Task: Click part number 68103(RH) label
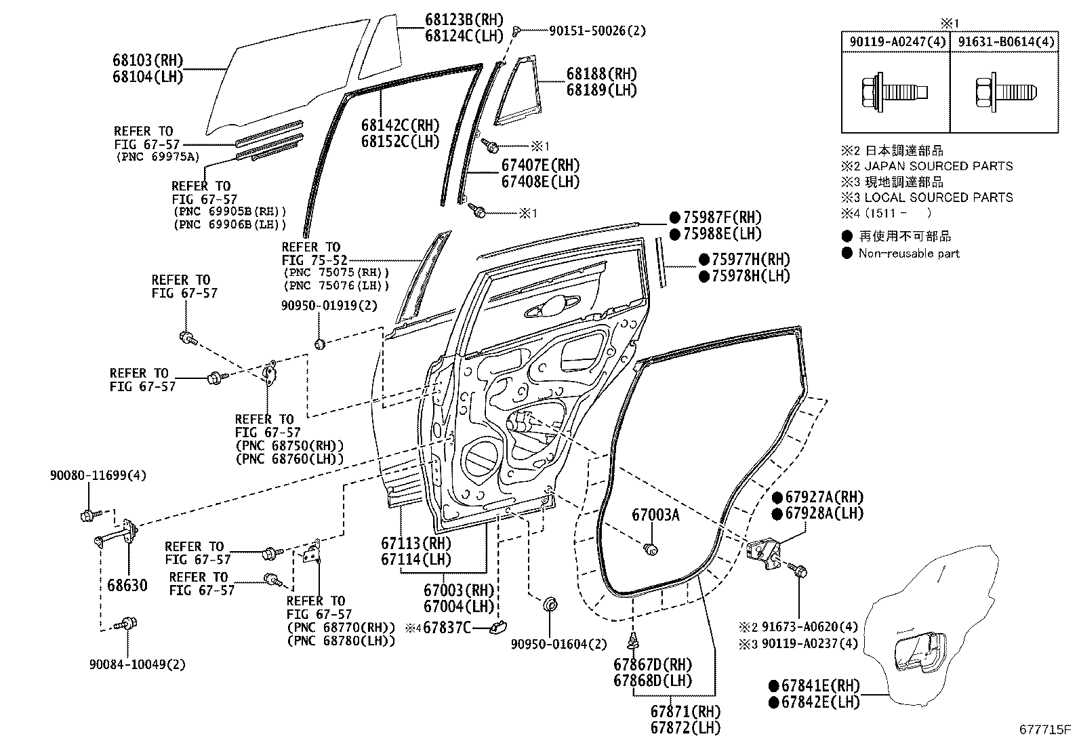pos(148,60)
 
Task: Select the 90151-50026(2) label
pos(588,31)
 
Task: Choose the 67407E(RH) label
pos(540,165)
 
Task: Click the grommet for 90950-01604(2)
pos(550,604)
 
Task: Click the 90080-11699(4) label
pos(98,475)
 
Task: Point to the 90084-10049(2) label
pos(137,664)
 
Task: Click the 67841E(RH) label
pos(821,685)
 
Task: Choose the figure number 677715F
pos(1045,730)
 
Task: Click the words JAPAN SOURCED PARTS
pos(939,166)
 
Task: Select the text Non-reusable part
pos(909,254)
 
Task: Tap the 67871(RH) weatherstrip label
pos(685,712)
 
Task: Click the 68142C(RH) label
pos(400,125)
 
